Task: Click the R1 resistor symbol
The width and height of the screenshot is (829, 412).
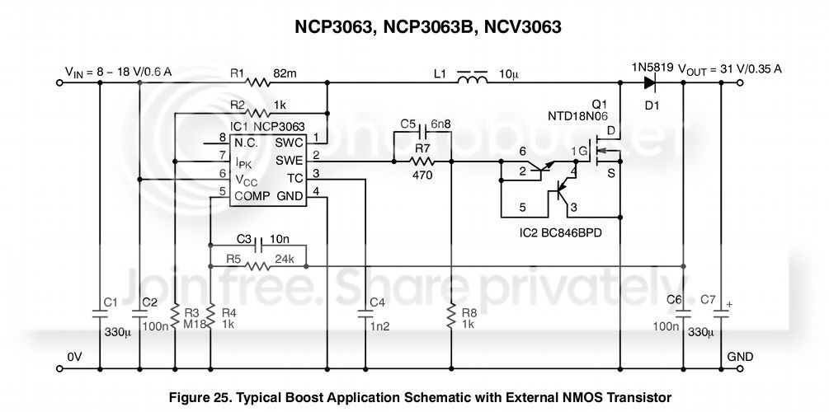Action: coord(259,82)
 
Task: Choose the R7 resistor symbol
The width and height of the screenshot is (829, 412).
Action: coord(422,162)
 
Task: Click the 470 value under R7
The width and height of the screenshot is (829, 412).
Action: coord(423,176)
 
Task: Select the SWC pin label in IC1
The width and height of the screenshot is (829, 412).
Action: coord(289,142)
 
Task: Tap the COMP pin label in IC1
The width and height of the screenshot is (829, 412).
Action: coord(252,195)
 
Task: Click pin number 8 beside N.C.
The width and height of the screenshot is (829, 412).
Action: coord(222,138)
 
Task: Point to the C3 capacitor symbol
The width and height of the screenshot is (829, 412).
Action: coord(259,245)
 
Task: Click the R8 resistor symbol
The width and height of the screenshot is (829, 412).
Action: coord(451,315)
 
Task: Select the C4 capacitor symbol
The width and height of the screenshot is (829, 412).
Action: coord(365,312)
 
